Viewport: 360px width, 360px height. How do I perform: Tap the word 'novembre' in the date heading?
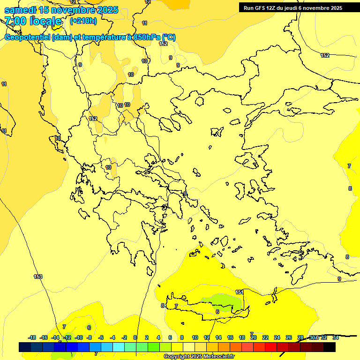point(74,10)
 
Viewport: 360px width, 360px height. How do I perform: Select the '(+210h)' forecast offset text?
point(83,21)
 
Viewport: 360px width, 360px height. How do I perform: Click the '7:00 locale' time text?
point(33,21)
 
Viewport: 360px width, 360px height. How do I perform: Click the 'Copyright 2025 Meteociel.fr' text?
point(199,356)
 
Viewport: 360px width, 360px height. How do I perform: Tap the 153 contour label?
point(38,277)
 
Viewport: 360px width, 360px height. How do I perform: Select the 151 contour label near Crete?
point(239,292)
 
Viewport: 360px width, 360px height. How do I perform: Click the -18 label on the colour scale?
point(32,337)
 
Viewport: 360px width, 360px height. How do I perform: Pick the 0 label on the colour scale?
point(135,337)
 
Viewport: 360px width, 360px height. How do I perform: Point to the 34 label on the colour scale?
point(336,337)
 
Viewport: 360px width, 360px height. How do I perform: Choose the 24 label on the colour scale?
point(277,337)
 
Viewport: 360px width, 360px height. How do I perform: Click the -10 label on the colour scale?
point(79,337)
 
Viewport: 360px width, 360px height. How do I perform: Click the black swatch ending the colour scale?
point(330,347)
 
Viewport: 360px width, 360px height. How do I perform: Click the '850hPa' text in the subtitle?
point(143,37)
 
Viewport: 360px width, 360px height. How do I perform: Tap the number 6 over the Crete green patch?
point(217,311)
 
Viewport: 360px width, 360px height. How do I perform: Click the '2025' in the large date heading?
point(106,10)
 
